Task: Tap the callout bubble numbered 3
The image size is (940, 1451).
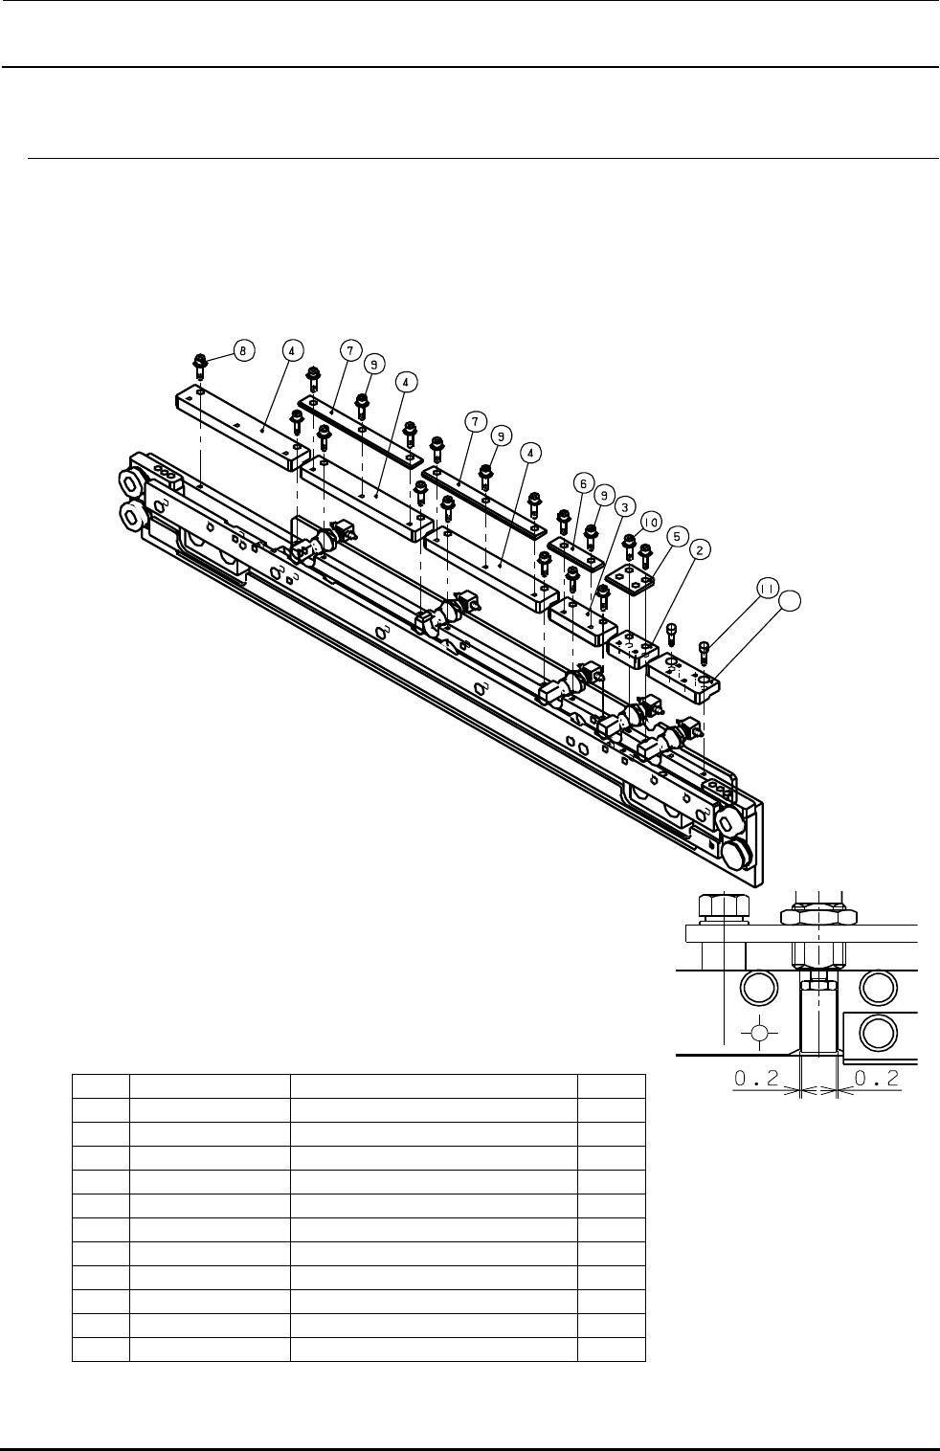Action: click(623, 504)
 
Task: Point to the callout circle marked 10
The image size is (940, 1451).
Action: click(652, 522)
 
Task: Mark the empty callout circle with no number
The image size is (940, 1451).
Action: click(792, 601)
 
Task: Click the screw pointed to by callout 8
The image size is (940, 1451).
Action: click(201, 366)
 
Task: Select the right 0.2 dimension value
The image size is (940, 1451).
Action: click(875, 1078)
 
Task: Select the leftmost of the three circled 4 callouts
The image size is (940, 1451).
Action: click(291, 350)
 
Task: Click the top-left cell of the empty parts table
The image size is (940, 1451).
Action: click(101, 1085)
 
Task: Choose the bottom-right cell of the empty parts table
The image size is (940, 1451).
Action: click(611, 1349)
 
